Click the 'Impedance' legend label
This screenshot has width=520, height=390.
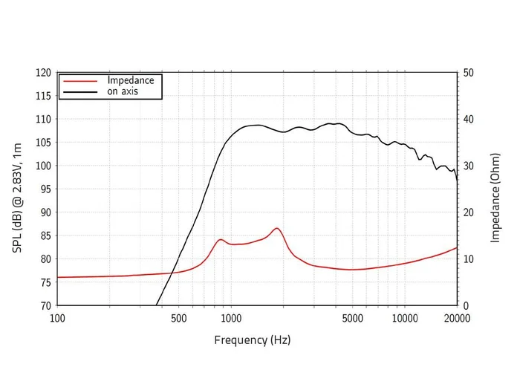tap(130, 80)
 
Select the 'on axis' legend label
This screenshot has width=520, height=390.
tap(123, 91)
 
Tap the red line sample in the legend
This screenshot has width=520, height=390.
tap(81, 80)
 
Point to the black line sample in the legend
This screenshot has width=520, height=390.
tap(81, 92)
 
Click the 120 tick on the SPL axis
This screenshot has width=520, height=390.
tap(44, 73)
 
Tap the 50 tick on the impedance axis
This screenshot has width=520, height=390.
tap(468, 73)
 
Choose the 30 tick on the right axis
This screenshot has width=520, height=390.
tap(468, 166)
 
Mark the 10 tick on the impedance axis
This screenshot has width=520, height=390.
tap(468, 259)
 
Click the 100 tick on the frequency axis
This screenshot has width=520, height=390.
tap(57, 319)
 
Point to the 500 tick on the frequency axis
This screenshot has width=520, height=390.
tap(178, 319)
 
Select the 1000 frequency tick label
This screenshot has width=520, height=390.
tap(230, 319)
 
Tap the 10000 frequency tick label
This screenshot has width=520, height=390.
tap(404, 319)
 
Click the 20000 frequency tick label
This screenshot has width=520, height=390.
tap(456, 319)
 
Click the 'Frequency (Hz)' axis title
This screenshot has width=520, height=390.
tap(253, 340)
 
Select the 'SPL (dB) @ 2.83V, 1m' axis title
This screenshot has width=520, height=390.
tap(18, 189)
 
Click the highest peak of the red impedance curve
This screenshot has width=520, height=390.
tap(276, 228)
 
